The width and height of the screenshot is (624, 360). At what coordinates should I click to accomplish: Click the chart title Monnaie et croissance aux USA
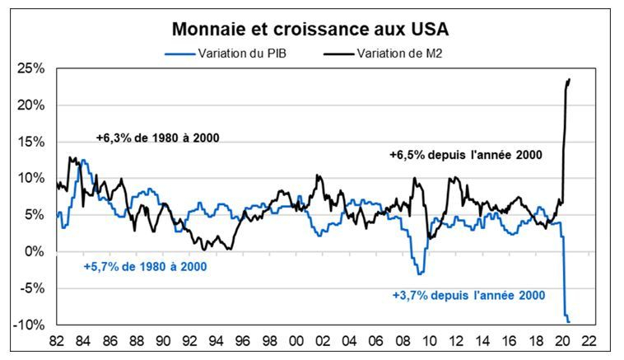click(x=310, y=30)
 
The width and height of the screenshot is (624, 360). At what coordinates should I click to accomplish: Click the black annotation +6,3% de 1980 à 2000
click(x=157, y=138)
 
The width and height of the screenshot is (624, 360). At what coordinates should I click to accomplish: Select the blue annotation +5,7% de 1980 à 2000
click(x=145, y=267)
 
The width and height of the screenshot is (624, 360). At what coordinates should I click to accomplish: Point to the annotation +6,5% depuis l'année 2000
click(x=465, y=154)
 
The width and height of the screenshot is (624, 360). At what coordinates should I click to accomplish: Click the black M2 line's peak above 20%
click(x=570, y=79)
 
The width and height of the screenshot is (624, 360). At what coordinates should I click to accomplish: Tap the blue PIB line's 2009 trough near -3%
click(x=419, y=273)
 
